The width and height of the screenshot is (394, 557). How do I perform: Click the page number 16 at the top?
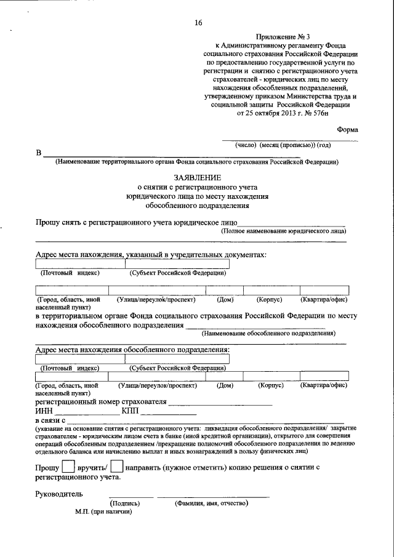(198, 23)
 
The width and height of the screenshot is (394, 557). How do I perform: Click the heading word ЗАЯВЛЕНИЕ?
(198, 176)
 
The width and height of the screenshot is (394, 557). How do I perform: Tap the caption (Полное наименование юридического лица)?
(283, 231)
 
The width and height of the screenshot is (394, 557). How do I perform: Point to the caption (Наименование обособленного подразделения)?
(268, 333)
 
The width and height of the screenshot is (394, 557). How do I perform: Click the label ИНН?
(44, 412)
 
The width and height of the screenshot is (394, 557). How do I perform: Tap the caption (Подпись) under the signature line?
(134, 503)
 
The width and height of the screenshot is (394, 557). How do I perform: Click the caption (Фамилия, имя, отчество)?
(211, 503)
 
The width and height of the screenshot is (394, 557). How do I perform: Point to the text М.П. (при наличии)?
(104, 511)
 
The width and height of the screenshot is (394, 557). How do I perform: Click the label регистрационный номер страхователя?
(101, 403)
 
